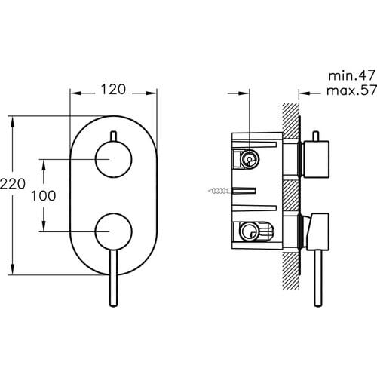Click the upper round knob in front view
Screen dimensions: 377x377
[114, 161]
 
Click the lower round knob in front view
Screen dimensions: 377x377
[114, 229]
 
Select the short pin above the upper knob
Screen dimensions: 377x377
[114, 136]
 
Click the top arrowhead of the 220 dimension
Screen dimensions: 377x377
[14, 120]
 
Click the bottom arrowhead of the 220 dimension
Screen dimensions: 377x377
[14, 270]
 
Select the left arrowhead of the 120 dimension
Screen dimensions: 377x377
[74, 93]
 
